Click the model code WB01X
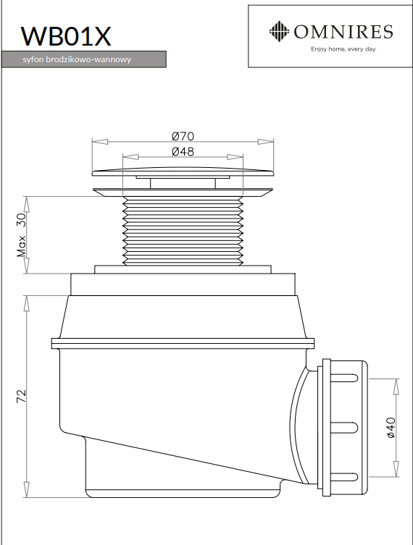66,35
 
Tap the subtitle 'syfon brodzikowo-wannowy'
77,59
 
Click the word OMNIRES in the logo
343,32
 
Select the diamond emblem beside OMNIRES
279,31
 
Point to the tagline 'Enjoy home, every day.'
343,49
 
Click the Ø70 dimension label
183,136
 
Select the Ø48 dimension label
183,151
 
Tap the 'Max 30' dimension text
22,235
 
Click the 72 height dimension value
22,396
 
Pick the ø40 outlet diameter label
391,428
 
